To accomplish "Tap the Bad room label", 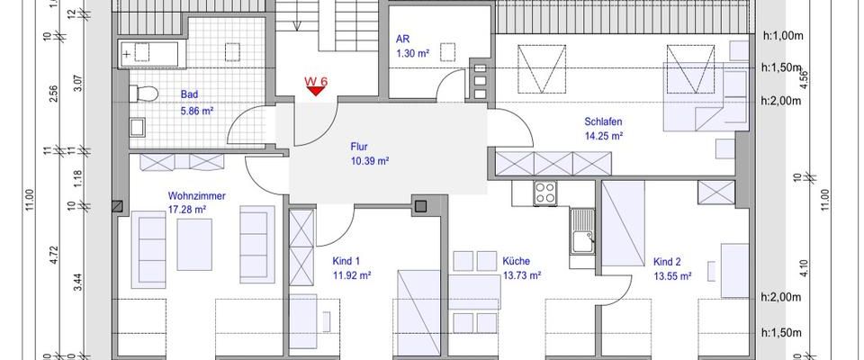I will coord(189,94).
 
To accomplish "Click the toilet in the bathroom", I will coord(144,93).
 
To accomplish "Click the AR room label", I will coord(403,40).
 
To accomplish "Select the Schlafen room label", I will coord(604,121).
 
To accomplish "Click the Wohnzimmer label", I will coord(196,195).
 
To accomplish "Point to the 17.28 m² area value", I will coord(187,211).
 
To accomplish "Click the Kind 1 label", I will coord(340,261).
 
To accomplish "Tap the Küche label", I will coord(517,262).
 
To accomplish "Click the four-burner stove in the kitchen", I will coord(545,193).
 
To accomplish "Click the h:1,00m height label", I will coord(779,36).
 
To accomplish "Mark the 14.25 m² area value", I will coord(604,137).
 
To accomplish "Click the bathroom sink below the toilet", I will coord(139,127).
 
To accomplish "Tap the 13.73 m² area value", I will coord(522,276).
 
